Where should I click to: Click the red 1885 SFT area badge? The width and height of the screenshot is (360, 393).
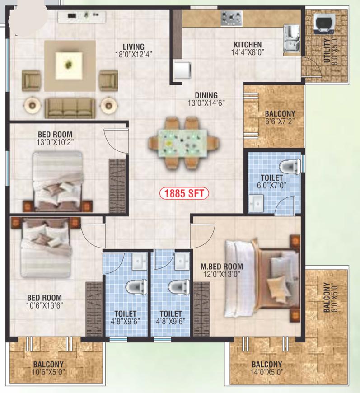coord(184,193)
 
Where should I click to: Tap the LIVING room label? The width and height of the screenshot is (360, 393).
coord(134,47)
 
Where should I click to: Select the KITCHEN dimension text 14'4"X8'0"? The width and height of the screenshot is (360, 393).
coord(248,52)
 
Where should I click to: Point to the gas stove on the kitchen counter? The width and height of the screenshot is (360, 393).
coord(232,19)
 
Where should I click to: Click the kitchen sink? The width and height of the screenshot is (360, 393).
coord(291,40)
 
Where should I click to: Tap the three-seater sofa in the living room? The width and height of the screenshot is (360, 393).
coord(70,108)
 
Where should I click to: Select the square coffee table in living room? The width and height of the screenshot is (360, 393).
coord(69,65)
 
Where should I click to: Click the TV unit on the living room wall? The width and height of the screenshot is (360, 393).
coord(82,17)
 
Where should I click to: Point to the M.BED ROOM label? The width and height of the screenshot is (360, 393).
coord(222,266)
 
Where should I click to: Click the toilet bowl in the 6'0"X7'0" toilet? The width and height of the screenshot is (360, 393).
coord(290,166)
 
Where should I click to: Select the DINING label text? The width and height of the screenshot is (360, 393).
coord(206,95)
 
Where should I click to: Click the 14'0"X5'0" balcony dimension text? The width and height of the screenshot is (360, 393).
coord(267,372)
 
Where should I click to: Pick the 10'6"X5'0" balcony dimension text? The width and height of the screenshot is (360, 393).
coord(48,372)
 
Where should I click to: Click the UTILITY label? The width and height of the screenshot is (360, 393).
coord(327,51)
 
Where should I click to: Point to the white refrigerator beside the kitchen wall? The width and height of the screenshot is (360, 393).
coord(183,70)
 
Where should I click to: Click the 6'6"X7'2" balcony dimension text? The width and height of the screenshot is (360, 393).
coord(280,122)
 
